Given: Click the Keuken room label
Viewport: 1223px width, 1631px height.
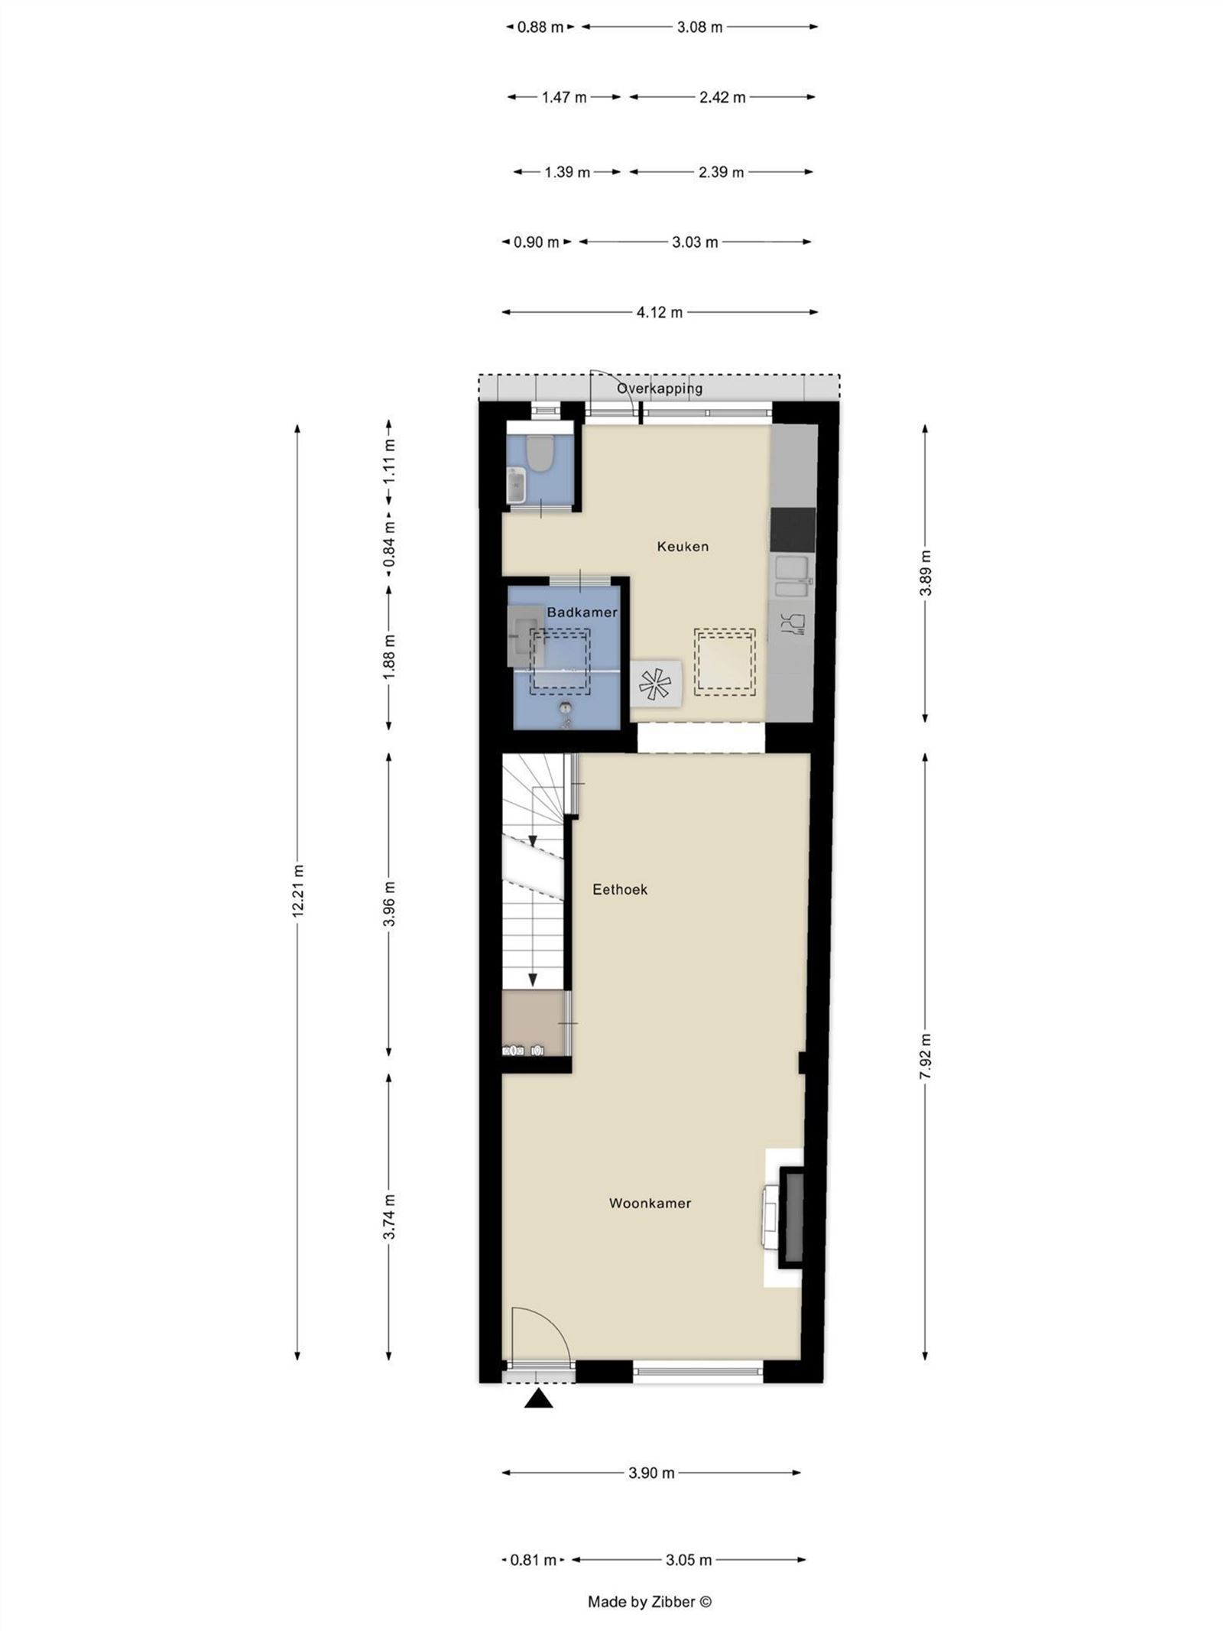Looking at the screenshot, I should [683, 546].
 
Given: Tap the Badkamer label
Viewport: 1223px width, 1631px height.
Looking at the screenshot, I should [582, 612].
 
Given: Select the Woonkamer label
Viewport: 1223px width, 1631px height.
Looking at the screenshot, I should [650, 1203].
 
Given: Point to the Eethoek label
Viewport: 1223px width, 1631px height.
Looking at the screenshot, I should [620, 889].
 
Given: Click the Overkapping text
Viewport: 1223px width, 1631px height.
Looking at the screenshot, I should [660, 388].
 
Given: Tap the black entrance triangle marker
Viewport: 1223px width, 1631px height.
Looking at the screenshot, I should [539, 1399].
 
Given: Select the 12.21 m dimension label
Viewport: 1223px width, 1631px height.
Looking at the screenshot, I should [298, 891].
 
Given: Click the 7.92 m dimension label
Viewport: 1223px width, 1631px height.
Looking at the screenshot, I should [925, 1056].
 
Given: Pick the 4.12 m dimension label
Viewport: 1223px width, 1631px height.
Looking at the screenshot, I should [660, 312].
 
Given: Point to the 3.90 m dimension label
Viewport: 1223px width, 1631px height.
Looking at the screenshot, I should [651, 1473].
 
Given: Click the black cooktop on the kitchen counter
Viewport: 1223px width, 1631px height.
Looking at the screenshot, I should [793, 529].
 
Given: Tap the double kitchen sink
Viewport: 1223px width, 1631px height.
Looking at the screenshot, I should [793, 577].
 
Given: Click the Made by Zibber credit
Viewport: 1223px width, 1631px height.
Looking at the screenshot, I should [649, 1602].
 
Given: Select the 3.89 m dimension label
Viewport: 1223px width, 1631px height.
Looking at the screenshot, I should [925, 573].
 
